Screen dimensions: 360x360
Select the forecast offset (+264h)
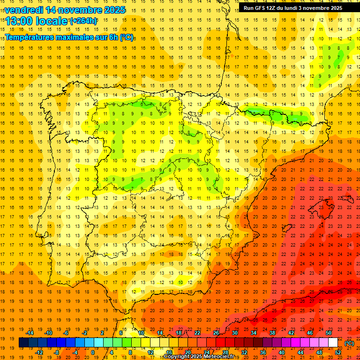click(83, 21)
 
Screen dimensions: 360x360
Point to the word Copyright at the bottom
click(178, 357)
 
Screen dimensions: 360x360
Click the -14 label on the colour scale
click(30, 333)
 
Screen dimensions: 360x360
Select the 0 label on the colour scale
click(93, 352)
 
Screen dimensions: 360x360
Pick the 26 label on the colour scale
click(216, 333)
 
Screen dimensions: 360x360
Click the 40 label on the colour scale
click(282, 352)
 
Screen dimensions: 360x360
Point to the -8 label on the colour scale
click(57, 352)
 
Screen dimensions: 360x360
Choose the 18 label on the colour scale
click(179, 333)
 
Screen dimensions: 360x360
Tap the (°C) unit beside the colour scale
click(349, 343)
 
